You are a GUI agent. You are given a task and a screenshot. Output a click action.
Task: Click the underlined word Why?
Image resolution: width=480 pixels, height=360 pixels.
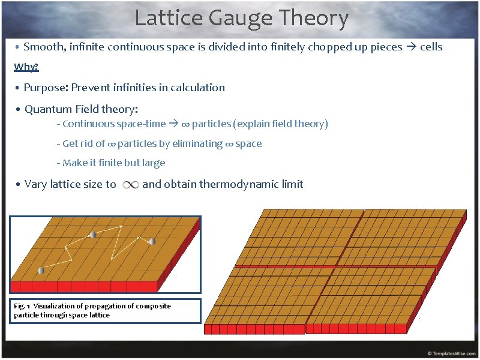pyautogui.click(x=26, y=67)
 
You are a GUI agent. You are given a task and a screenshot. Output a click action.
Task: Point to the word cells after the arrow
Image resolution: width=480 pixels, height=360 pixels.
pyautogui.click(x=431, y=47)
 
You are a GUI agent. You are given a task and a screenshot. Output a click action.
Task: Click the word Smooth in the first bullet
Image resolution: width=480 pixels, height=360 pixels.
pyautogui.click(x=43, y=47)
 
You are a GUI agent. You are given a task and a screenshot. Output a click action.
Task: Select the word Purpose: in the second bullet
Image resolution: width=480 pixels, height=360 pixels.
pyautogui.click(x=46, y=88)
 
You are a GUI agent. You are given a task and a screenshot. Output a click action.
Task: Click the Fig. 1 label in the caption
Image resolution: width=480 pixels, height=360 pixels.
pyautogui.click(x=22, y=306)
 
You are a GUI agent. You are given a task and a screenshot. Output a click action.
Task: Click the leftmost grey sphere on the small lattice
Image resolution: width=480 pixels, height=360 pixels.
pyautogui.click(x=41, y=270)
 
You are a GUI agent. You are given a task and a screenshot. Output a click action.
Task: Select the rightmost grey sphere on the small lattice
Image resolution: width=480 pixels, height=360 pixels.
pyautogui.click(x=152, y=241)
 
